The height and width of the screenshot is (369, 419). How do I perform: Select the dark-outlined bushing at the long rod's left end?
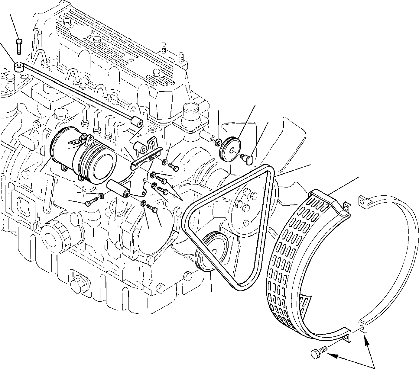click(x=19, y=67)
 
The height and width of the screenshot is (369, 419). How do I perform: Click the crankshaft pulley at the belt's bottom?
click(x=212, y=251)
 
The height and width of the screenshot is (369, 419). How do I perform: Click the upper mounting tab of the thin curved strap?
click(x=364, y=201)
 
